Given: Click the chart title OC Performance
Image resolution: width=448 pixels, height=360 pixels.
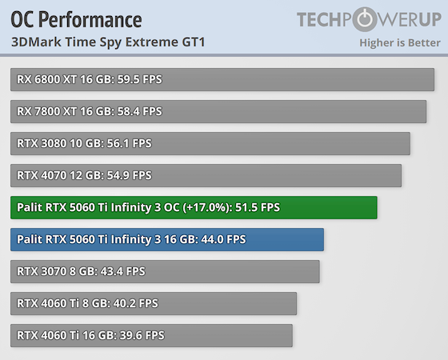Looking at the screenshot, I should tap(77, 19).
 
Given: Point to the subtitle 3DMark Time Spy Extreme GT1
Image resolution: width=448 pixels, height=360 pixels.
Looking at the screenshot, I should tap(108, 42).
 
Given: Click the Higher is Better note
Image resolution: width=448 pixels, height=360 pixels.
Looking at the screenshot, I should tap(399, 42).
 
